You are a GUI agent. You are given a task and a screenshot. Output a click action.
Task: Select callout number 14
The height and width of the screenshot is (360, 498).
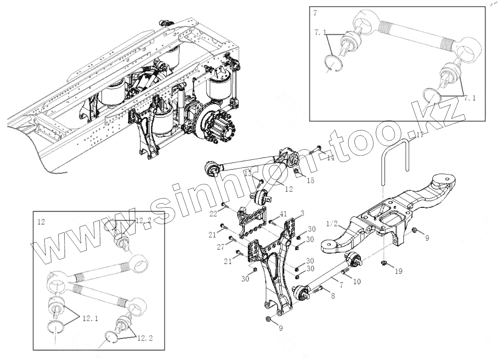(330, 158)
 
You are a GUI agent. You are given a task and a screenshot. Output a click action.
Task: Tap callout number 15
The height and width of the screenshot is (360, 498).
(310, 180)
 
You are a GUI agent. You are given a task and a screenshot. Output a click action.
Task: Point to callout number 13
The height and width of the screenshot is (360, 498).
(248, 173)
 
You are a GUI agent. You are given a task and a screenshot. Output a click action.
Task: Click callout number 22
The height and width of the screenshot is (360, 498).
(214, 213)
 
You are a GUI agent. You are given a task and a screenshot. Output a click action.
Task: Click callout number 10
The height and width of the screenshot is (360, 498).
(357, 281)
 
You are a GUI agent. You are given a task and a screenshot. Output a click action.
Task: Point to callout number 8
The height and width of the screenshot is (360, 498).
(333, 296)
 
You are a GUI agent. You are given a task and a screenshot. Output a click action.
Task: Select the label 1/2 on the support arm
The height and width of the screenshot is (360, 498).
(331, 224)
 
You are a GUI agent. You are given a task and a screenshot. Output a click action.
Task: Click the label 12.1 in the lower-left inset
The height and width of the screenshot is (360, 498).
(90, 318)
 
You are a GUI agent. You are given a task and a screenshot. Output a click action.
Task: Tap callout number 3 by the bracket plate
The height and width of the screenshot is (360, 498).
(302, 213)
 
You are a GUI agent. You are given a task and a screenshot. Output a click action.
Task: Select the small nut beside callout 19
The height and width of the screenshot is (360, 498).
(384, 262)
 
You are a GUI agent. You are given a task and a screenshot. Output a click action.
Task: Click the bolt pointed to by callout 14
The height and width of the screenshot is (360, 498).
(314, 151)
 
